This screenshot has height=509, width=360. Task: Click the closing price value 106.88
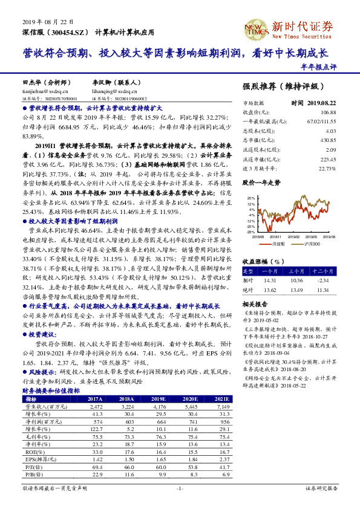tap(328, 112)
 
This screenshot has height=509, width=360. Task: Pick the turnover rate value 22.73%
tap(326, 169)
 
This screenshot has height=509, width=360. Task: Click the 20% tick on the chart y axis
tap(249, 198)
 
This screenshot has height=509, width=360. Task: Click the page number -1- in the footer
tap(179, 488)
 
